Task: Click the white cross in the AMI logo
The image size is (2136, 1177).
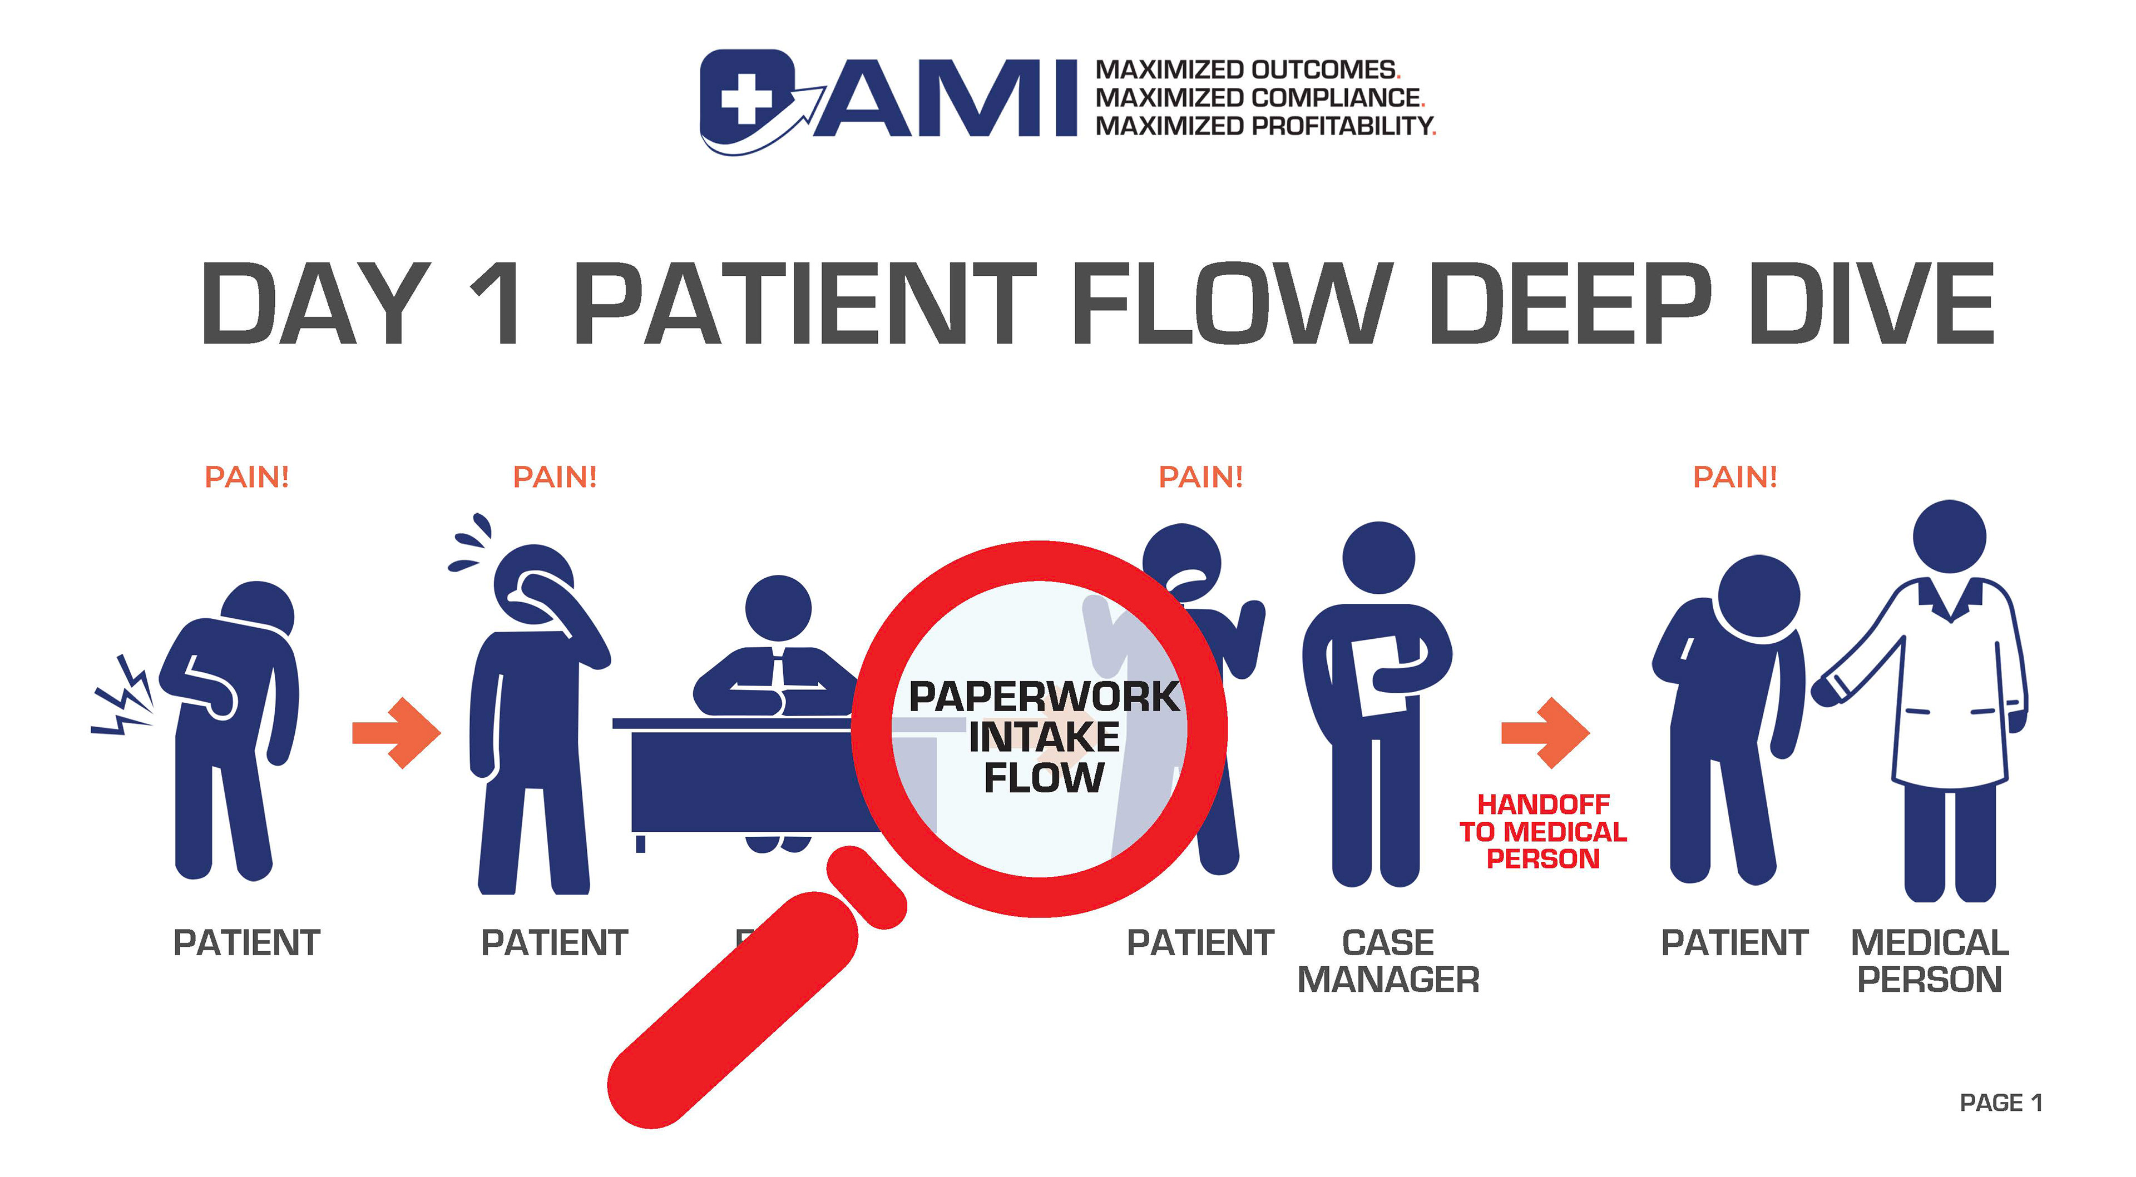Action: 745,98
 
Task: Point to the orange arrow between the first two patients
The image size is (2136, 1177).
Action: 397,733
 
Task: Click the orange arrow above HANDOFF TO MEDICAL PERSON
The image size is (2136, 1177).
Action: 1545,733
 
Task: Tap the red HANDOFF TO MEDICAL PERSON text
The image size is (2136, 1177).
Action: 1542,831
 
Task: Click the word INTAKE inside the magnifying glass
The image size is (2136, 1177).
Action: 1044,737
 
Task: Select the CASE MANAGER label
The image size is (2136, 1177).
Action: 1388,961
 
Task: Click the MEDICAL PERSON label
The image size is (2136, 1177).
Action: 1930,961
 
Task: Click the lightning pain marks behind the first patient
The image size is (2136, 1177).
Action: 123,701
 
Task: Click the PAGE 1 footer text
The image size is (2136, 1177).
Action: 2000,1103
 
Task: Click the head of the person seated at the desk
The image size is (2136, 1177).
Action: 778,608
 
